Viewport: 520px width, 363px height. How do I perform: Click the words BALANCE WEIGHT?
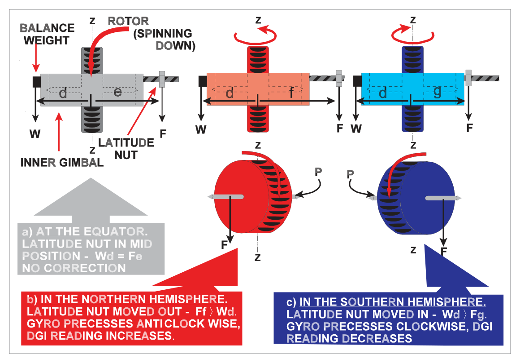coord(47,34)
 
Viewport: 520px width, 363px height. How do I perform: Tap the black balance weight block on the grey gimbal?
coord(36,82)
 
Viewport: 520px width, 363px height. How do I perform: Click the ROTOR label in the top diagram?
coord(128,21)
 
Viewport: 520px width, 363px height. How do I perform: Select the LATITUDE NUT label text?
coord(126,149)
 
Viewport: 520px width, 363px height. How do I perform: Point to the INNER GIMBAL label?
coord(62,163)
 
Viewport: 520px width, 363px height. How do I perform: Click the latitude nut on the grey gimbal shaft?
coord(162,79)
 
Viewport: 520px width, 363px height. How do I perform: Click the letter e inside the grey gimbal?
coord(117,92)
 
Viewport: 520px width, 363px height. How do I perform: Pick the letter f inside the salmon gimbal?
coord(291,93)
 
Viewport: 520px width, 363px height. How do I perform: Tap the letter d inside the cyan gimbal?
coord(383,93)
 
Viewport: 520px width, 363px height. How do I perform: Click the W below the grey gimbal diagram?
coord(35,134)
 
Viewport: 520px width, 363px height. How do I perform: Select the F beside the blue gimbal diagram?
coord(469,128)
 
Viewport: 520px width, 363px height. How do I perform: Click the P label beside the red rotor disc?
coord(318,172)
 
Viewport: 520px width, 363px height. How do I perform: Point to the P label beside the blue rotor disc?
coord(350,174)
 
